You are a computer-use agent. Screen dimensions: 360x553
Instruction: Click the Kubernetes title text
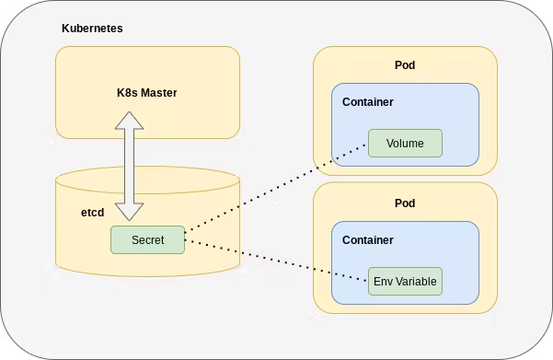click(x=92, y=29)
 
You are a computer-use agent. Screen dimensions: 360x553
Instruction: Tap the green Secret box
click(x=147, y=239)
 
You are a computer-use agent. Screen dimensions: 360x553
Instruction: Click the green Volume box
click(x=405, y=144)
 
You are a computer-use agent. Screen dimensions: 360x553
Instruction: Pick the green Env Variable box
click(x=405, y=282)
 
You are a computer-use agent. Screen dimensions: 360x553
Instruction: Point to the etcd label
click(x=93, y=213)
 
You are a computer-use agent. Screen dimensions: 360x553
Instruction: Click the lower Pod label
click(x=405, y=203)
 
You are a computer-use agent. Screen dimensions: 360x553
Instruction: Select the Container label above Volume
click(x=367, y=102)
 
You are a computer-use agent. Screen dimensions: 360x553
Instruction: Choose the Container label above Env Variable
click(x=367, y=240)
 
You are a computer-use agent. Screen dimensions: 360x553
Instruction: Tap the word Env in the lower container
click(x=383, y=282)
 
